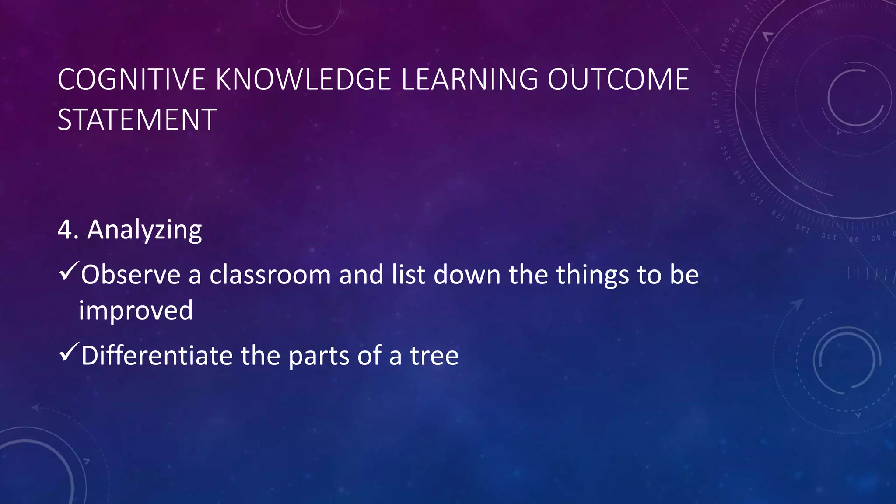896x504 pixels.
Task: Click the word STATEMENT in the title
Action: [137, 119]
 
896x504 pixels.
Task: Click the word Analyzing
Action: [144, 230]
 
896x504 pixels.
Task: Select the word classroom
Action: [270, 275]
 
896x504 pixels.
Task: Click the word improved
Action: [136, 311]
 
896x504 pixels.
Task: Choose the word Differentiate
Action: [157, 355]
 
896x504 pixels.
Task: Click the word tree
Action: [434, 356]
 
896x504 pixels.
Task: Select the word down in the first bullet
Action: [467, 275]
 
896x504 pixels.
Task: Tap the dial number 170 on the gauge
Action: [714, 99]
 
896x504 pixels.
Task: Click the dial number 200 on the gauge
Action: [735, 25]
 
